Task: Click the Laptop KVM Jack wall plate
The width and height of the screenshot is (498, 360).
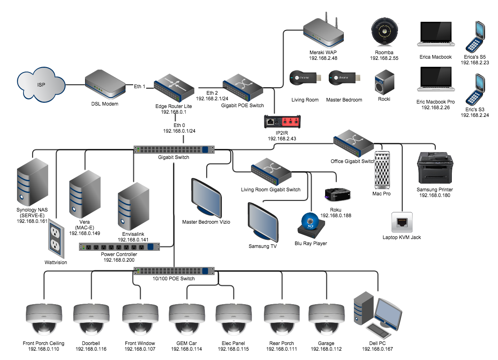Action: coord(402,222)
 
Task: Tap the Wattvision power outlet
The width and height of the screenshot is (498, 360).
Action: coord(55,238)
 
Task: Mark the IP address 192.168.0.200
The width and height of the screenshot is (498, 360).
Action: coord(119,260)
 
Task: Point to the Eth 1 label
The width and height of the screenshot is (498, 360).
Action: coord(140,86)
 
